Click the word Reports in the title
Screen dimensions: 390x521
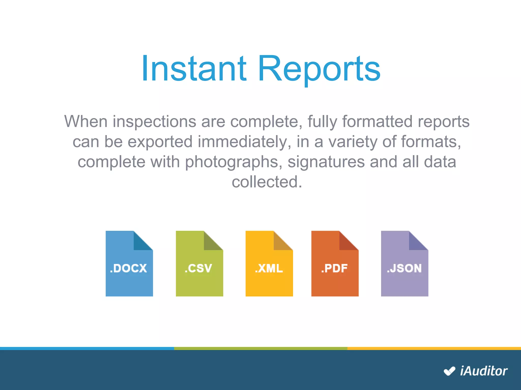point(319,70)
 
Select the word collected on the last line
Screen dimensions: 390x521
point(266,182)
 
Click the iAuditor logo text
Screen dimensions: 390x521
point(484,371)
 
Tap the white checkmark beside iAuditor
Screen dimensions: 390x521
point(449,371)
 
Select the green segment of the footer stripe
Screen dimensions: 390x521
point(260,348)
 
